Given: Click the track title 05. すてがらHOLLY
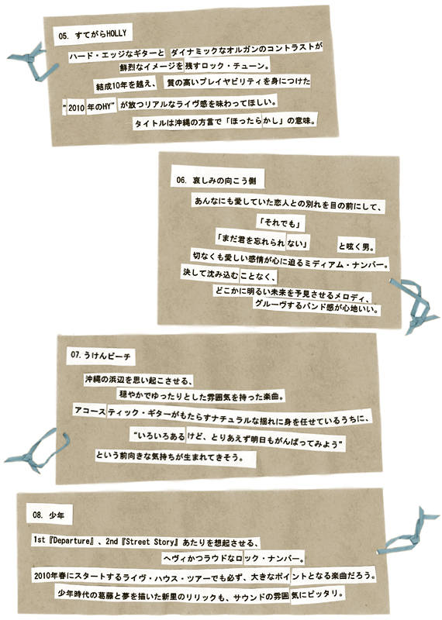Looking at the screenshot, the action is coord(92,35).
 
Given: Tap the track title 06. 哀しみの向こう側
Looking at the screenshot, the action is coord(216,181).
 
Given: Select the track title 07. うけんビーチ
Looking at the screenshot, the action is coord(101,355).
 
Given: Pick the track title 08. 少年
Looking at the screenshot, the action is coord(48,515).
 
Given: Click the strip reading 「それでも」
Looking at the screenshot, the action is coord(281,222).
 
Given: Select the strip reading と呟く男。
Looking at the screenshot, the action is coord(356,246).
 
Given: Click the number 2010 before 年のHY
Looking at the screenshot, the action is coord(76,107).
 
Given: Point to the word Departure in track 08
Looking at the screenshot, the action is coord(71,541).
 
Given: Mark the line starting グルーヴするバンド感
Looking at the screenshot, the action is coord(317,305).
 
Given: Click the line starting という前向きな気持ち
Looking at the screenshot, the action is coord(169,456).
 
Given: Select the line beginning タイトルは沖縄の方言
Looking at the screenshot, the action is coord(226,122).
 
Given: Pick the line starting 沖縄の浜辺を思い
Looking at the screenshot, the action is coord(139,381).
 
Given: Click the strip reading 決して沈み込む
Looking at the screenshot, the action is coord(210,274).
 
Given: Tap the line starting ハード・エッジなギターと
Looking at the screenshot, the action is coord(117,55).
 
